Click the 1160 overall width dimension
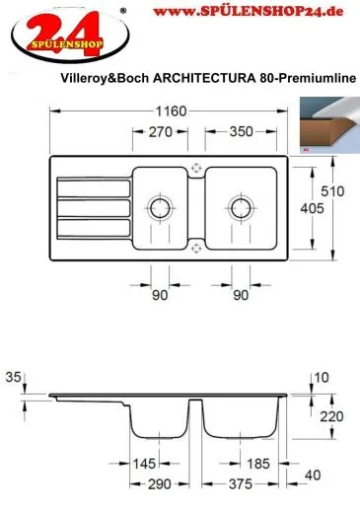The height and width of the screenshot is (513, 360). point(171,111)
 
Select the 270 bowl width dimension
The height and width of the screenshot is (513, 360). point(161,132)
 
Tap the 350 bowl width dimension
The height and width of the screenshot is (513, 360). point(241,131)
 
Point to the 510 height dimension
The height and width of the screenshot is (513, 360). point(332,191)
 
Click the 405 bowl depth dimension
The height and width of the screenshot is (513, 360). point(312,208)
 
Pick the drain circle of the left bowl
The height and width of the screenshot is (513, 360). point(160,208)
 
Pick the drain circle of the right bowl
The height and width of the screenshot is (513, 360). point(241,208)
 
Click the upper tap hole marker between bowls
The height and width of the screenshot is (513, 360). point(196,168)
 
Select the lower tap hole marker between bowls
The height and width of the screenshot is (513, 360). point(196,249)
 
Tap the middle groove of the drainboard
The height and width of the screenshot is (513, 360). point(94,208)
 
